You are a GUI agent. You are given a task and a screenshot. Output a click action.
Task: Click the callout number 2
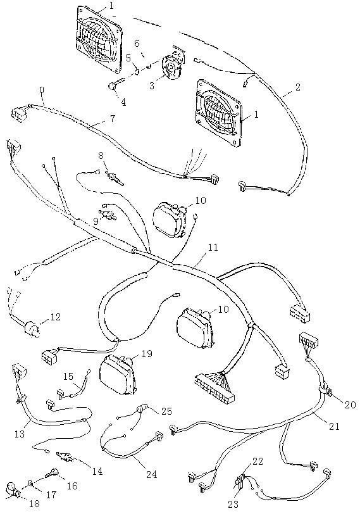[297, 87]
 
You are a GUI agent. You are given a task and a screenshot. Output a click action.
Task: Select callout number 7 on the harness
[113, 118]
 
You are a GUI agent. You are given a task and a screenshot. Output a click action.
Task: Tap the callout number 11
[213, 247]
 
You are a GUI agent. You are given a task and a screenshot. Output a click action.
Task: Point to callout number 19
[147, 354]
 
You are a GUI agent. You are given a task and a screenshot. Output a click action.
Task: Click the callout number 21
[334, 426]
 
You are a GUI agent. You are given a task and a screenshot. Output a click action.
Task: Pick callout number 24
[152, 474]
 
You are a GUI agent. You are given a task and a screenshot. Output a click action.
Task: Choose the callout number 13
[20, 434]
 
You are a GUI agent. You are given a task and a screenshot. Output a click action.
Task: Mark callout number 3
[152, 85]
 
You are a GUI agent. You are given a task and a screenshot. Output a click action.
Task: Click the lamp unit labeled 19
[118, 376]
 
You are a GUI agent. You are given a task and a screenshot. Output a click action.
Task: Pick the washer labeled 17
[30, 484]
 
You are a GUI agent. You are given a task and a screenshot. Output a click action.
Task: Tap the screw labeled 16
[52, 474]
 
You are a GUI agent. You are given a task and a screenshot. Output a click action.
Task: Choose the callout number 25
[166, 411]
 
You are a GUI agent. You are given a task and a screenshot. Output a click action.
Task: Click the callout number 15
[68, 376]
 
